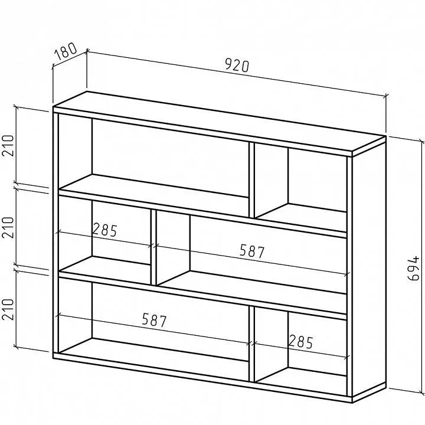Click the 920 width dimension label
point(237,66)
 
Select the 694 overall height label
point(413,269)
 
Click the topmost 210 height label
point(8,146)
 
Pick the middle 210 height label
point(8,228)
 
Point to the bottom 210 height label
point(8,309)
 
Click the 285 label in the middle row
point(104,230)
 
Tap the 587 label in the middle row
point(252,251)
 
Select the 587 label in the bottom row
point(154,320)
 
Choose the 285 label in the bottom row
point(301,342)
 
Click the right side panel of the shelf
point(369,269)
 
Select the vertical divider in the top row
point(251,180)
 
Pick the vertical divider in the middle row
point(153,247)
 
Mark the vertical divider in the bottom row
point(251,344)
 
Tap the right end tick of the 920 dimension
point(385,96)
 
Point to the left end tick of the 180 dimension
point(53,66)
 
